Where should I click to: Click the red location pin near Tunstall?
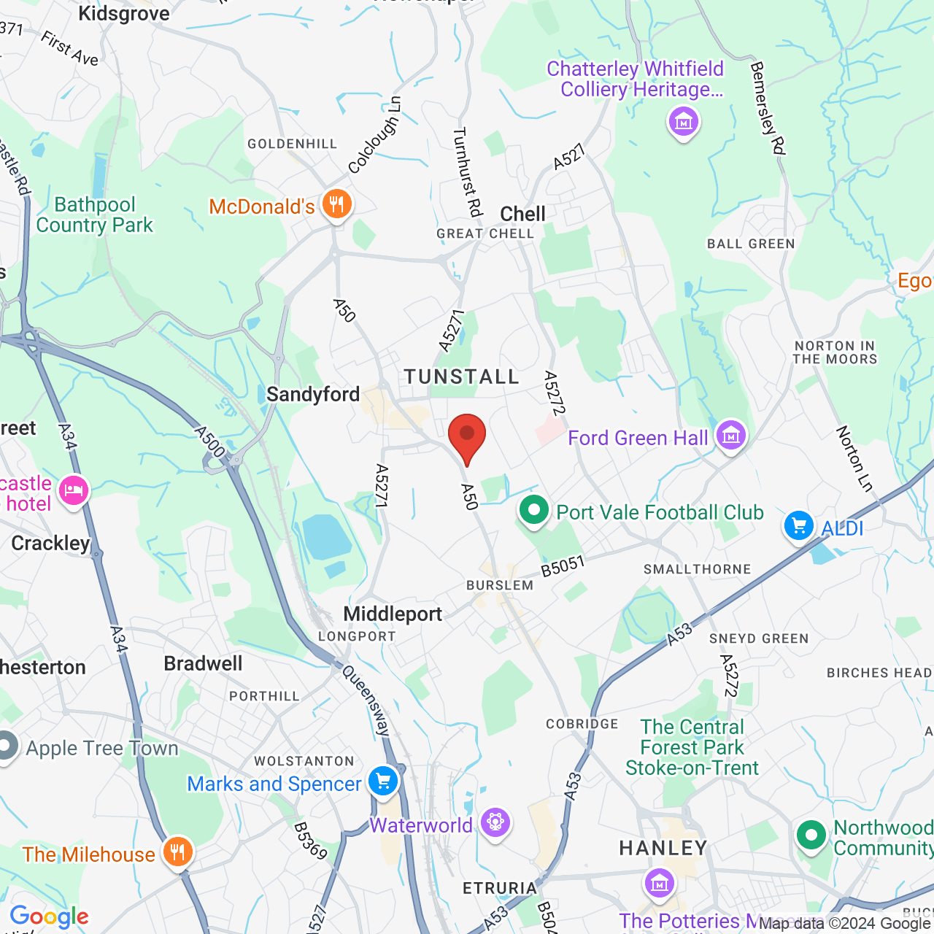(x=466, y=436)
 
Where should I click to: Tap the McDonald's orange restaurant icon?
(x=336, y=204)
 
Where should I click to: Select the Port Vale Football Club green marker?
(x=534, y=510)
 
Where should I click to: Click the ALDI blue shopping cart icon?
(x=799, y=525)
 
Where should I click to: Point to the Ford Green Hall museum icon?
(x=731, y=436)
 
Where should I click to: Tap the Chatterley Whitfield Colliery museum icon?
(x=684, y=122)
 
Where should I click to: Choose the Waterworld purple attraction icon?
(x=495, y=823)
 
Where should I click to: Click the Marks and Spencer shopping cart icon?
(x=383, y=781)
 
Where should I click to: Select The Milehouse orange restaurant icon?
(x=177, y=852)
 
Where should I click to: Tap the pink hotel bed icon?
(x=74, y=490)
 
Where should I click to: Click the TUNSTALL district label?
(x=462, y=377)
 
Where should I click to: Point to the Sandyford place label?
(x=313, y=394)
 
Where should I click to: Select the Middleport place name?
(x=393, y=614)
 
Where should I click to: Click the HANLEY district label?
(x=663, y=848)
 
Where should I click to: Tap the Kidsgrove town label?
(x=123, y=13)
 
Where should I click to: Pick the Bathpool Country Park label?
(x=95, y=215)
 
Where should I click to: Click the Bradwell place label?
(x=203, y=663)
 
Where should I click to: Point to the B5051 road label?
(x=563, y=567)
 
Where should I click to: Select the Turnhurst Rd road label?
(x=468, y=172)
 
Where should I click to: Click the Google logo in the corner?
(x=49, y=916)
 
